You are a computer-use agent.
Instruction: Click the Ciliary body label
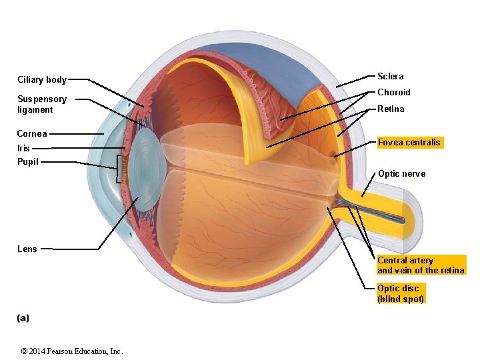[x=42, y=80]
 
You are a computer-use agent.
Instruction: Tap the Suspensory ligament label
[x=42, y=104]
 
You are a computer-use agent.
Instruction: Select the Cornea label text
[x=32, y=133]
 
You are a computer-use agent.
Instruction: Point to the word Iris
[x=23, y=149]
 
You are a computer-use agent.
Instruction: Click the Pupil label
[x=28, y=161]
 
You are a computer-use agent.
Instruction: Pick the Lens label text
[x=27, y=249]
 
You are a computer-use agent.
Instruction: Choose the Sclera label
[x=391, y=76]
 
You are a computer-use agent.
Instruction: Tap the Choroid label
[x=394, y=92]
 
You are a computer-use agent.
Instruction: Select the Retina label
[x=391, y=109]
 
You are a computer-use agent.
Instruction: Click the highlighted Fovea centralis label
[x=409, y=142]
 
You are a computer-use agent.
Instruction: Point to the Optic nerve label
[x=401, y=174]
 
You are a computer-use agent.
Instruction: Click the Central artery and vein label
[x=420, y=265]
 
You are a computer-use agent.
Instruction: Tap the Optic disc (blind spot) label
[x=400, y=293]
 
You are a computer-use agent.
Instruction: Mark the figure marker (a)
[x=23, y=318]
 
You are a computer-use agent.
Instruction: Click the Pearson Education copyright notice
[x=72, y=351]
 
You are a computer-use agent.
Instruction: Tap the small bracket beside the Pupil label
[x=120, y=169]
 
